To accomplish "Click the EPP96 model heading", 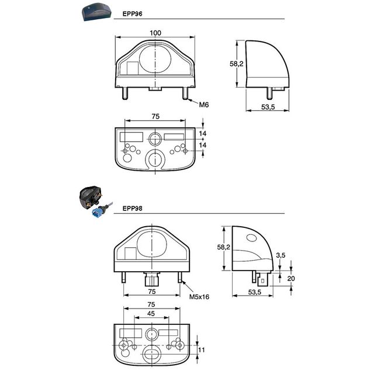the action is (133, 14).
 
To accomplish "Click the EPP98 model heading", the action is (133, 209).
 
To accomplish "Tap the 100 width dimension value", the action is (155, 33).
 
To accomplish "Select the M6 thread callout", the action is (204, 105).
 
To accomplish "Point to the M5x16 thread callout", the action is (199, 297).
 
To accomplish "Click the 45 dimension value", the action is (151, 314).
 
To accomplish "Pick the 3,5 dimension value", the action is (280, 255).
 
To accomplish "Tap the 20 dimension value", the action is (291, 278).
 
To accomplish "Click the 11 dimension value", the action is (202, 350).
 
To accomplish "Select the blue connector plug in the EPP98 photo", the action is (98, 212).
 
